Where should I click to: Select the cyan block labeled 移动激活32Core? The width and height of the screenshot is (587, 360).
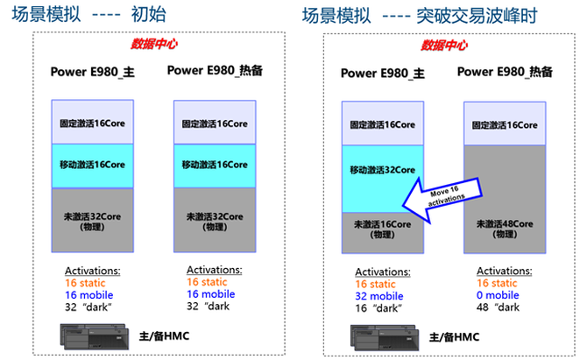click(x=382, y=170)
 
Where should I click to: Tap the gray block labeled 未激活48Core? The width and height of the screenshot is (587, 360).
click(x=506, y=228)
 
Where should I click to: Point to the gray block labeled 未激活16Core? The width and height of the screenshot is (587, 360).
click(x=382, y=229)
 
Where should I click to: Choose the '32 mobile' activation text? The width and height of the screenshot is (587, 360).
click(x=383, y=296)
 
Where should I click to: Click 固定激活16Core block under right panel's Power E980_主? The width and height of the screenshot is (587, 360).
click(x=382, y=124)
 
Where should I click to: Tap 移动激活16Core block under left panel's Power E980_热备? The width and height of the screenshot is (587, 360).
click(x=215, y=165)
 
